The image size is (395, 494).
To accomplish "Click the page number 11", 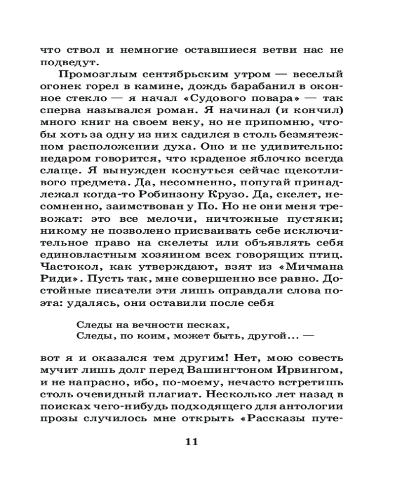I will (x=191, y=442).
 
